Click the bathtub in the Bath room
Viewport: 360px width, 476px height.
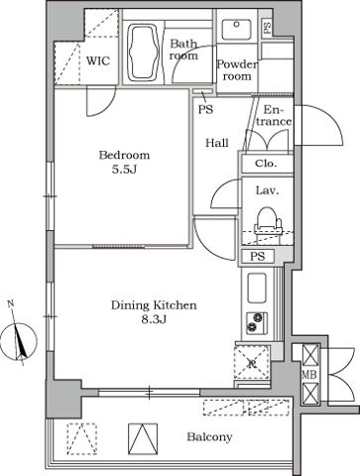pos(144,53)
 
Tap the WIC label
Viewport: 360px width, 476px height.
pos(98,60)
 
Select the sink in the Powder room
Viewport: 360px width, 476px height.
pos(236,29)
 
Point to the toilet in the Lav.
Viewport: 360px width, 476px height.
pos(268,225)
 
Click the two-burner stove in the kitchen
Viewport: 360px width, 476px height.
pos(257,322)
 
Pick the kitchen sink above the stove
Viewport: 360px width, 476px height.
pos(257,288)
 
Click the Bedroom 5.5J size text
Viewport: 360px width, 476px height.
pos(124,170)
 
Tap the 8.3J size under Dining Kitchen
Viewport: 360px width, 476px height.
pos(154,320)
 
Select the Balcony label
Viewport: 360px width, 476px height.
pos(209,437)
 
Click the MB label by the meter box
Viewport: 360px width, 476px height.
pos(309,374)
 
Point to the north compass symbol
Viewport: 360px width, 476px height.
pos(19,340)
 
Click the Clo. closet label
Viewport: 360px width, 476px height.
pos(266,164)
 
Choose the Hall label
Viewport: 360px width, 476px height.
pos(217,143)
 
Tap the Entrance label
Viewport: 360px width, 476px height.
pos(274,115)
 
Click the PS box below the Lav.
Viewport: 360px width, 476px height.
pos(258,256)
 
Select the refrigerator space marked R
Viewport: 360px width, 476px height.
pos(252,363)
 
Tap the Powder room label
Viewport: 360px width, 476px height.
pos(237,70)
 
